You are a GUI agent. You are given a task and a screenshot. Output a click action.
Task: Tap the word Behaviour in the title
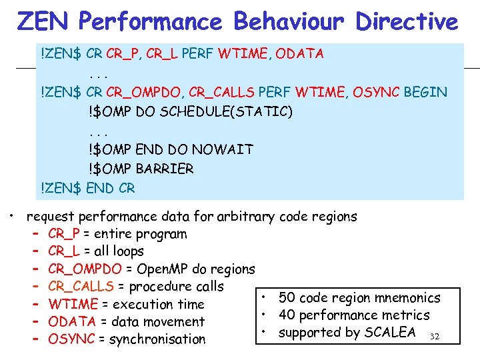click(x=289, y=21)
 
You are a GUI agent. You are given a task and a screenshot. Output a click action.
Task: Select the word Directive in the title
click(x=407, y=21)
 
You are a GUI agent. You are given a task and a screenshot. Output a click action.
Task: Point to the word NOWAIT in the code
click(x=219, y=149)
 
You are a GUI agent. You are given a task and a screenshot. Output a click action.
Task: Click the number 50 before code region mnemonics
click(x=287, y=297)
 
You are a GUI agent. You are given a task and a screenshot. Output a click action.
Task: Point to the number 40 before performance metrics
click(x=287, y=315)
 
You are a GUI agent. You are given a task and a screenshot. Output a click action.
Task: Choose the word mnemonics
click(x=407, y=297)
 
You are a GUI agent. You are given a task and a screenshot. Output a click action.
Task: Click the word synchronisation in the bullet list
click(x=158, y=339)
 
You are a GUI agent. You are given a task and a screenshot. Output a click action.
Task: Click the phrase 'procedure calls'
click(x=176, y=287)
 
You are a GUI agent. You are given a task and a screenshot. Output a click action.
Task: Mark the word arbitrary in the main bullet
click(x=247, y=217)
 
